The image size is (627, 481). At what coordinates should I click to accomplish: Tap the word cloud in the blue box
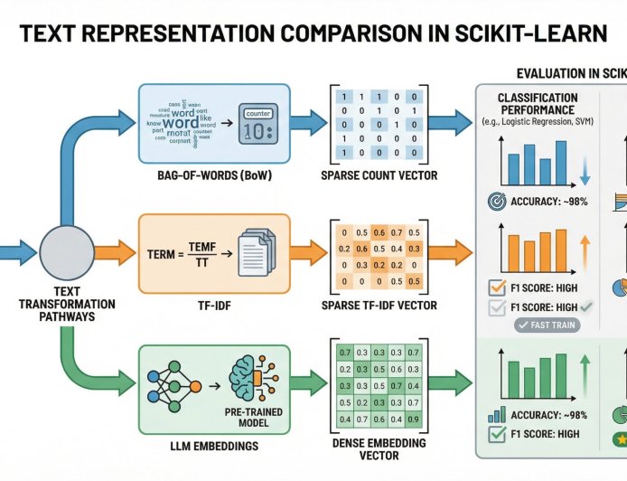[x=188, y=120]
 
